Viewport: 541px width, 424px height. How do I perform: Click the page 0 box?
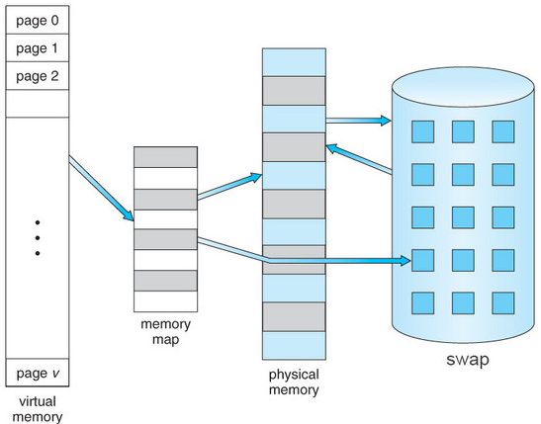(38, 20)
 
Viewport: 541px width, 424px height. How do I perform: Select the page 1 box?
(38, 47)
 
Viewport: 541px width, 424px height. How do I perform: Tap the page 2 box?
(38, 76)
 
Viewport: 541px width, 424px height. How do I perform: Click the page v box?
(38, 373)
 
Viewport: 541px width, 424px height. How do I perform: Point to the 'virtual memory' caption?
(38, 409)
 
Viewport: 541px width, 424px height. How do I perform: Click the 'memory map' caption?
(165, 332)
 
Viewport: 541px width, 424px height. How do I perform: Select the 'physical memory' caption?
(294, 382)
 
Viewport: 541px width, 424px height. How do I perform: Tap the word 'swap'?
(468, 360)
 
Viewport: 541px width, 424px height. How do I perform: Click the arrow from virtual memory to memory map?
(101, 188)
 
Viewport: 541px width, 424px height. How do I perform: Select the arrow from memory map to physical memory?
(229, 187)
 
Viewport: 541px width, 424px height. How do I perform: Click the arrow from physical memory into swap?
(358, 121)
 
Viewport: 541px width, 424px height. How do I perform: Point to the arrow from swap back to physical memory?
(359, 159)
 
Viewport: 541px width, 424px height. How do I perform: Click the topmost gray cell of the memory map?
(165, 157)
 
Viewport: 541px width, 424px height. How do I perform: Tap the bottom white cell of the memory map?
(165, 301)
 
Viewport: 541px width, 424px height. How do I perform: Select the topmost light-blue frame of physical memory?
(294, 62)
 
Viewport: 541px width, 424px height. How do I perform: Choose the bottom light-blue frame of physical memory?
(294, 346)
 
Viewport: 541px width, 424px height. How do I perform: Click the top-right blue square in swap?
(503, 131)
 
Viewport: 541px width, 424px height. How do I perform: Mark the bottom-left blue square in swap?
(422, 303)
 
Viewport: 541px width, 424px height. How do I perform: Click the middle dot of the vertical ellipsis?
(38, 238)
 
